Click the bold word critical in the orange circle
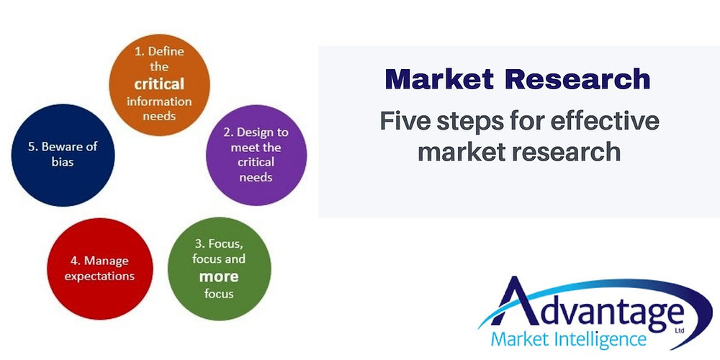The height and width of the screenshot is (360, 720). tap(159, 84)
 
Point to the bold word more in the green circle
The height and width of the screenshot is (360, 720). tap(220, 276)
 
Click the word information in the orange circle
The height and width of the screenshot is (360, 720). tap(159, 101)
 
